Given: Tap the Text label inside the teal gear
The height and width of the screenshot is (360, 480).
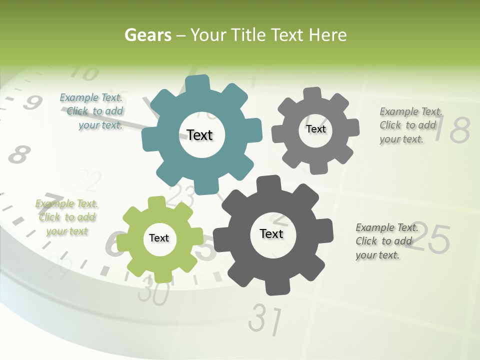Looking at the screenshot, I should pos(199,135).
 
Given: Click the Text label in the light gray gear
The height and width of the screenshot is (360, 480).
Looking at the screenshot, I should pos(315,129).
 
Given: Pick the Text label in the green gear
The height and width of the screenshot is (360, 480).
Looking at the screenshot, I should pos(159,238).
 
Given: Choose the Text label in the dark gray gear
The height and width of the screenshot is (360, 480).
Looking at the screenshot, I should pos(271,233).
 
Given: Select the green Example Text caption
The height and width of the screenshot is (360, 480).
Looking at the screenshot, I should pos(66,217).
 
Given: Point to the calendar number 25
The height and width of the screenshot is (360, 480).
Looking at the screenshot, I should pos(431,239).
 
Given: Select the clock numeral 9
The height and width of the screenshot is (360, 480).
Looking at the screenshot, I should pos(32,103).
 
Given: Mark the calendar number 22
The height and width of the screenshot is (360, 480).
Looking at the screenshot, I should pos(90,181).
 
